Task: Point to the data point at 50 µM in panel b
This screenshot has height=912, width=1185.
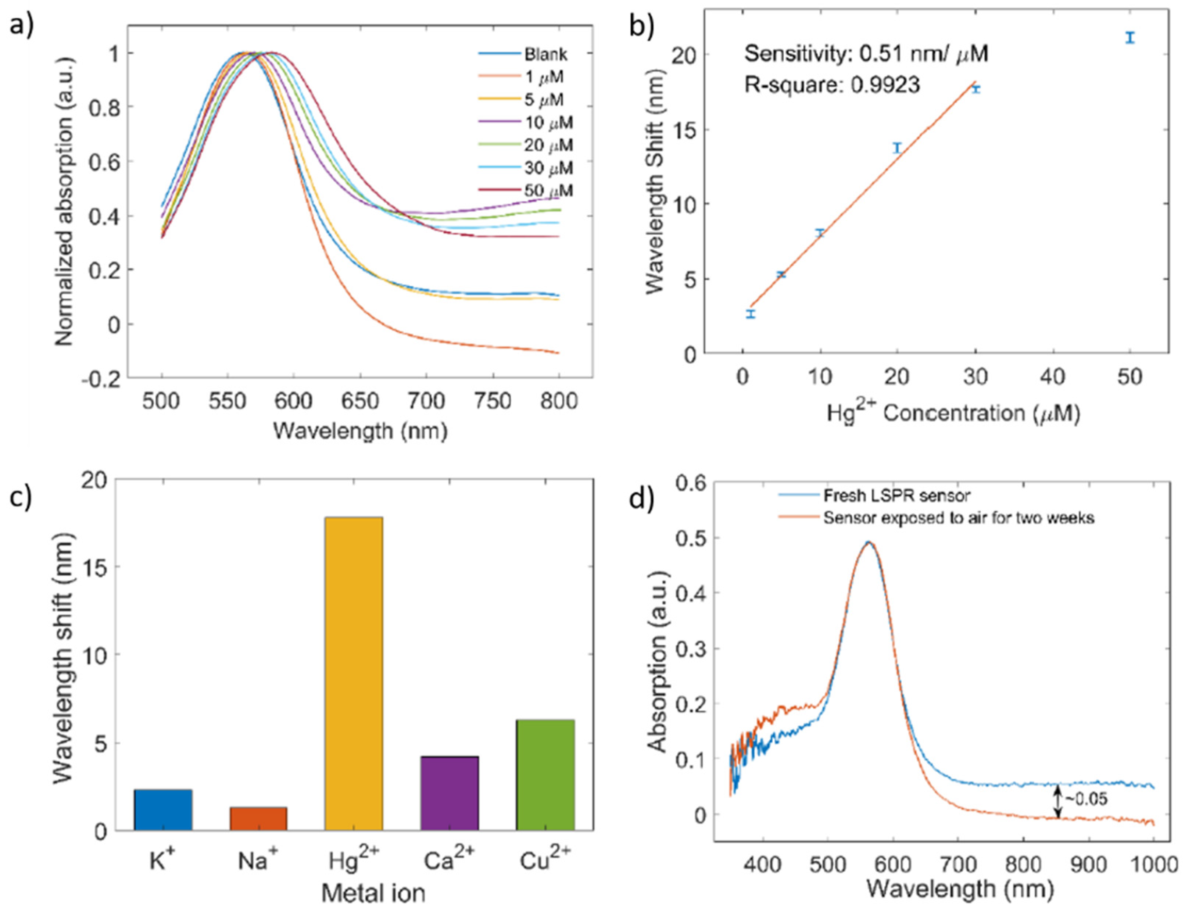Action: tap(1129, 37)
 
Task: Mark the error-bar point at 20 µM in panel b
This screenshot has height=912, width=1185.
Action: tap(897, 147)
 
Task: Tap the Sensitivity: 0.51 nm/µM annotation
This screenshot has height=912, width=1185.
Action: tap(866, 53)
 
